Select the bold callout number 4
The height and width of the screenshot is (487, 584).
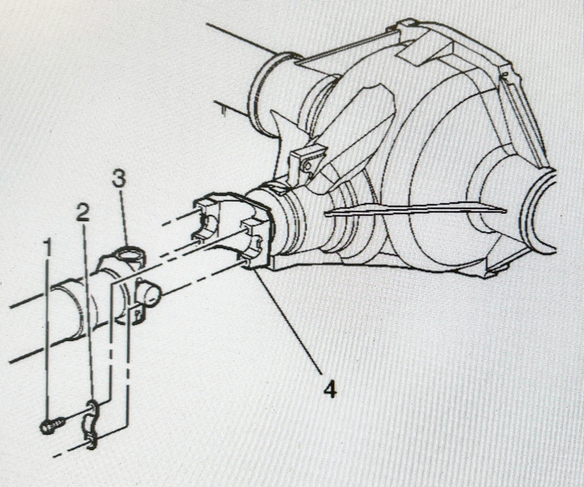click(330, 389)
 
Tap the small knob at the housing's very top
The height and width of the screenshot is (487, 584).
click(409, 23)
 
